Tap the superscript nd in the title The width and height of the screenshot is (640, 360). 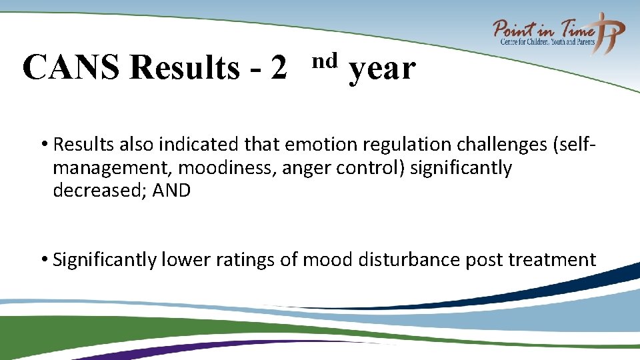click(325, 61)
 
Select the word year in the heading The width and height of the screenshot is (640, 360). click(382, 69)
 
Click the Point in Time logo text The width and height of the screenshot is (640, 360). click(544, 29)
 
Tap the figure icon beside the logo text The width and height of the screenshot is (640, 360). click(611, 32)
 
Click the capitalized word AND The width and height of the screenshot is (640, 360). click(171, 191)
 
